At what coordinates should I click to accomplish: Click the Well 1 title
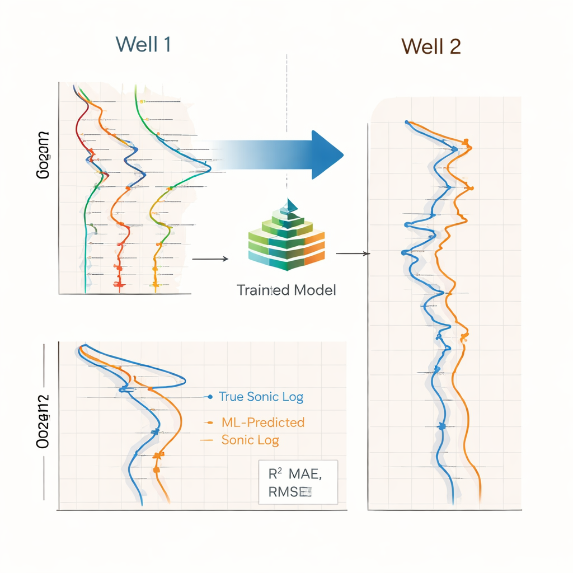coord(143,44)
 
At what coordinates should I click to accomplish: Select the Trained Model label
coord(286,290)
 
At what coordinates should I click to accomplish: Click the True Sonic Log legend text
coord(261,397)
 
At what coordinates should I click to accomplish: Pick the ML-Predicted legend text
coord(263,422)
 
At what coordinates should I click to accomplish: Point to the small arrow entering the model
coord(210,259)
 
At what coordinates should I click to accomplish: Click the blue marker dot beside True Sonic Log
coord(210,397)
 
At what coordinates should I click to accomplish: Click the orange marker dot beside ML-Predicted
coord(208,422)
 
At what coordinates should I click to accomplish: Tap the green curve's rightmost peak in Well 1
coord(210,167)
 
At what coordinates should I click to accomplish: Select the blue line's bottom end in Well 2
coord(452,500)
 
